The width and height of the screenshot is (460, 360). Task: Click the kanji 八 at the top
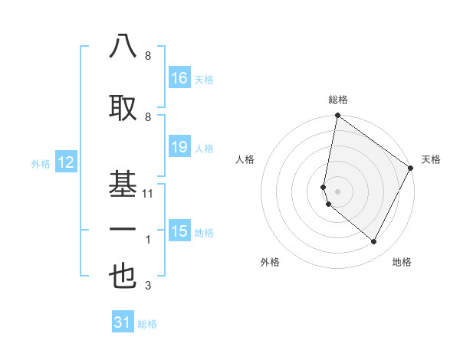[123, 47]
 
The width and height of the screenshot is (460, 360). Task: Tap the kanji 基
[123, 184]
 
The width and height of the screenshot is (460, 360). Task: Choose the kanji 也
[123, 277]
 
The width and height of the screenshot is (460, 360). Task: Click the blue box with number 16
[179, 78]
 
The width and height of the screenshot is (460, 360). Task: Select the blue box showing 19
[179, 147]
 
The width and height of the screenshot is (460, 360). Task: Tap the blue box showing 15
[179, 231]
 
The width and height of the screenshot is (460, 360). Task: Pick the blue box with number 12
[65, 162]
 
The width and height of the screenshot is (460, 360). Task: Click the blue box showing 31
[123, 322]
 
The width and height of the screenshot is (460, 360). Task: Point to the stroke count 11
[149, 194]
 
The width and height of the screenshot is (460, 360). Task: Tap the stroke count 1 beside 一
[148, 240]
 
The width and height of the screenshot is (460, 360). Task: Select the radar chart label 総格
[338, 100]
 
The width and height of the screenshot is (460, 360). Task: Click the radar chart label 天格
[431, 159]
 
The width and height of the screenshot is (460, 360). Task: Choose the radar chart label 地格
[402, 262]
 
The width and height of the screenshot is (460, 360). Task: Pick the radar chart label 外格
[270, 262]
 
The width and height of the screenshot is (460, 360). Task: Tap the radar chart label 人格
[245, 159]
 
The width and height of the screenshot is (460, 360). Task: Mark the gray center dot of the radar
[337, 191]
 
